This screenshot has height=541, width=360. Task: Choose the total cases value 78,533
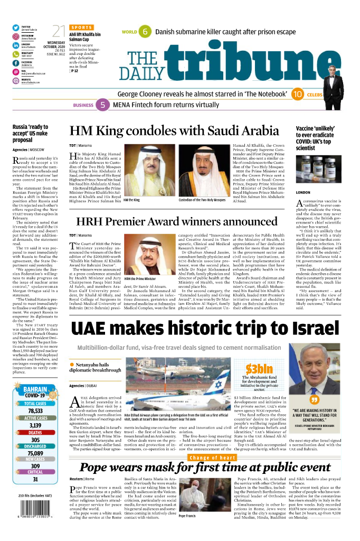coord(35,411)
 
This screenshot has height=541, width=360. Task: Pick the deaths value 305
coord(35,440)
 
